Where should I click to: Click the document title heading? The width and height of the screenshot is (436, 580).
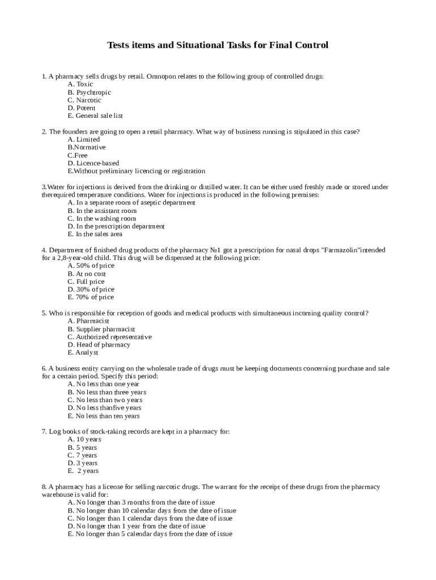pos(218,45)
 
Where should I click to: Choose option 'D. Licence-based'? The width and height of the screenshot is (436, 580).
pos(93,163)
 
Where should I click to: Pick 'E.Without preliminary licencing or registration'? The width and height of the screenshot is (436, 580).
pos(136,171)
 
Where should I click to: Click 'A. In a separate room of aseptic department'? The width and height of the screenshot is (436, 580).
pos(131,203)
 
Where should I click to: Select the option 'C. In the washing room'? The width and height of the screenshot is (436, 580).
pos(102,219)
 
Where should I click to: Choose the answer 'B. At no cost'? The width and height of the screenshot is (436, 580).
pos(87,274)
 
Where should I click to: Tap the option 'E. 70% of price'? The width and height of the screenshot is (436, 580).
pos(91,297)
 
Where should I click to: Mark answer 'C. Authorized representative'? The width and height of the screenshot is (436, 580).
pos(110,337)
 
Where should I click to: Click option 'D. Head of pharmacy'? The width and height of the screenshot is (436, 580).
pos(99,345)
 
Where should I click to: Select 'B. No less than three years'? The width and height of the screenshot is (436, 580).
pos(107,392)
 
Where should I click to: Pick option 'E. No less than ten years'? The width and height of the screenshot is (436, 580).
pos(104,416)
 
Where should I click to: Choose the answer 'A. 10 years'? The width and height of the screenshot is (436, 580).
pos(84,440)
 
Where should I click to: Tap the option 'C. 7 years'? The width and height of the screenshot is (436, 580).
pos(82,455)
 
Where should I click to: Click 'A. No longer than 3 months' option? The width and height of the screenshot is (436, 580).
pos(141,502)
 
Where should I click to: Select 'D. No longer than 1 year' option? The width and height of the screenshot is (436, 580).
pos(136,526)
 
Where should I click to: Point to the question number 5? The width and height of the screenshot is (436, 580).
pos(44,313)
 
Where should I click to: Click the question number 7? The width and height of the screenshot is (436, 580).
pos(44,432)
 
